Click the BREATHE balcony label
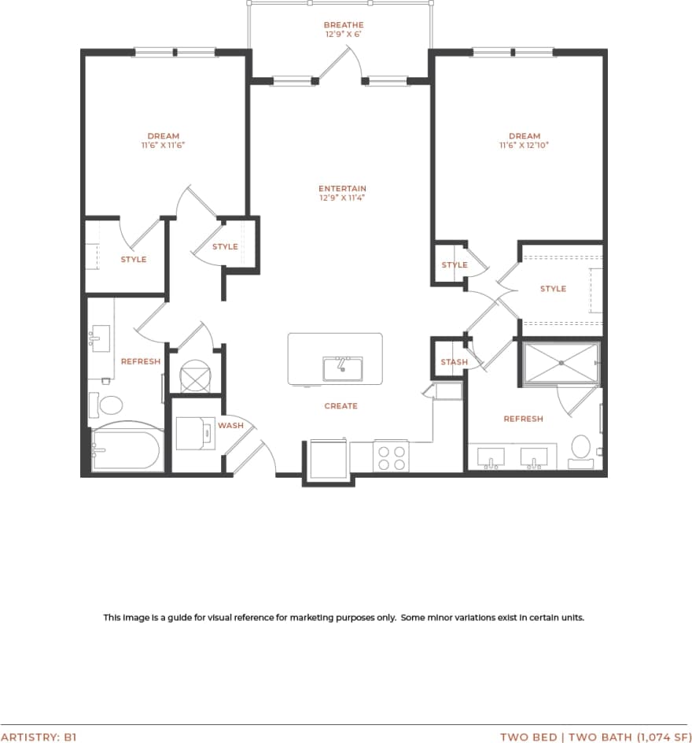coord(344,25)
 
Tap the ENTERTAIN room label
coord(342,189)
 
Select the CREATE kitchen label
coord(340,406)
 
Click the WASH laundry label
coord(230,426)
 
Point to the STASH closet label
coord(454,362)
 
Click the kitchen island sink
coord(342,368)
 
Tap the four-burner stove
coord(391,458)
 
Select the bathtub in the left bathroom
coord(127,451)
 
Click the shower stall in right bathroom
coord(561,363)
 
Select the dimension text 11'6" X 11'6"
coord(163,146)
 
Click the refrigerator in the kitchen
coord(326,459)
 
